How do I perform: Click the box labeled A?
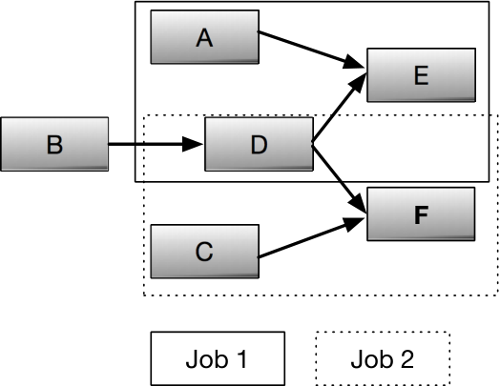[205, 37]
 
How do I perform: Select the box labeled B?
[54, 144]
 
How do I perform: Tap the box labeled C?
[205, 252]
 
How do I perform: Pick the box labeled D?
[259, 144]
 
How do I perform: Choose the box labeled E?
[421, 75]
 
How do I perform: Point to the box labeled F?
[421, 214]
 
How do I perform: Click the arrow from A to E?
[311, 50]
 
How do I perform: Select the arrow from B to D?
[156, 144]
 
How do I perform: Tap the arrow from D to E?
[339, 108]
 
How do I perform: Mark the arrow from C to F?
[311, 237]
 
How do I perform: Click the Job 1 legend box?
[218, 358]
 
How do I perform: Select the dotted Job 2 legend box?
[383, 358]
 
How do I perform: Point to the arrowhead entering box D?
[193, 144]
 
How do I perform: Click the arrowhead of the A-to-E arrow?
[354, 62]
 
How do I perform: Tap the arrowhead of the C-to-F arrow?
[354, 224]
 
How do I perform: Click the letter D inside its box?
[259, 145]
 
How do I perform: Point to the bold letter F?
[421, 214]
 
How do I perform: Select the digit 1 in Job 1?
[242, 359]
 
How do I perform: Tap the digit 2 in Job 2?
[406, 359]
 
